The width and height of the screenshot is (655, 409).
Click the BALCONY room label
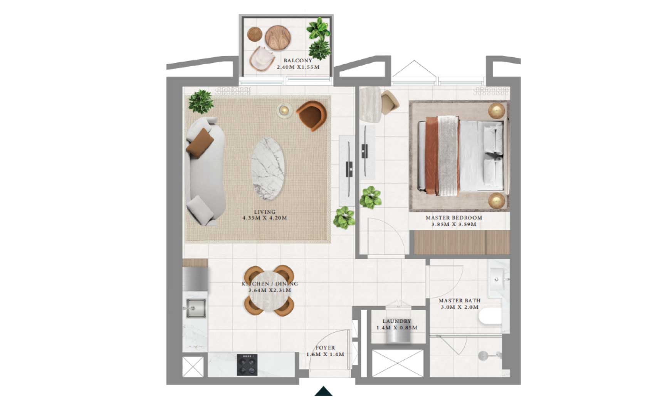click(298, 60)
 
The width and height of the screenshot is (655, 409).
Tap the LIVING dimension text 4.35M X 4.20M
click(265, 218)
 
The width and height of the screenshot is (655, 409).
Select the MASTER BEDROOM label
click(454, 218)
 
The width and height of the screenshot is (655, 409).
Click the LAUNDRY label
click(397, 321)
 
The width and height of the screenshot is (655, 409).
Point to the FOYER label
click(325, 348)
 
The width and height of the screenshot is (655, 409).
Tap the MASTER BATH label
click(459, 300)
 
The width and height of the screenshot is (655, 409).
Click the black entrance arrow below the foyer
click(323, 391)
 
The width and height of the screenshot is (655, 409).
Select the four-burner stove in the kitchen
click(247, 365)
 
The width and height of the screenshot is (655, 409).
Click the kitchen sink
click(196, 308)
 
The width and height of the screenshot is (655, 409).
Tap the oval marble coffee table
click(268, 169)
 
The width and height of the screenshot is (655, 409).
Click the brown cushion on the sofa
click(200, 143)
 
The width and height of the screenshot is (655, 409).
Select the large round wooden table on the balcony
click(278, 38)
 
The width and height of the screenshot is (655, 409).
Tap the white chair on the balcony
click(262, 59)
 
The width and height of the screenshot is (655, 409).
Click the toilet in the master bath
click(490, 317)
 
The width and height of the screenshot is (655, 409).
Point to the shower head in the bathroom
click(483, 356)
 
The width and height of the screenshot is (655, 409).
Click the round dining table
click(269, 290)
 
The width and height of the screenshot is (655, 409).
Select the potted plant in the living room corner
click(201, 101)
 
